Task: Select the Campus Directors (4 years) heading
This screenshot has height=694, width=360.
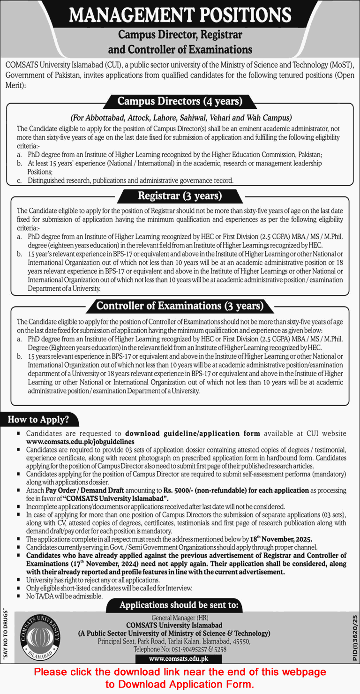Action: tap(180, 101)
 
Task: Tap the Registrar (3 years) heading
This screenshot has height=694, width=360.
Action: tap(180, 196)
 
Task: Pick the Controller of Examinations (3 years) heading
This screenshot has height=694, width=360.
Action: tap(180, 306)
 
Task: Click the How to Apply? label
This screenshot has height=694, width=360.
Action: tap(38, 420)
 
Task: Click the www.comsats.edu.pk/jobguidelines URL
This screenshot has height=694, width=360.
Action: tap(80, 441)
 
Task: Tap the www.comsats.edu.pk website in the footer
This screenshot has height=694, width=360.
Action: tap(179, 658)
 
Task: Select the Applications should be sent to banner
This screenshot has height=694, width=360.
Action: tap(180, 605)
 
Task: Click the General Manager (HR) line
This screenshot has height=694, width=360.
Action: tap(180, 618)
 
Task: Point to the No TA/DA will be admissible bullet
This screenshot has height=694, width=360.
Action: tap(64, 596)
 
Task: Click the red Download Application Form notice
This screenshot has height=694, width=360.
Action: tap(180, 678)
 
